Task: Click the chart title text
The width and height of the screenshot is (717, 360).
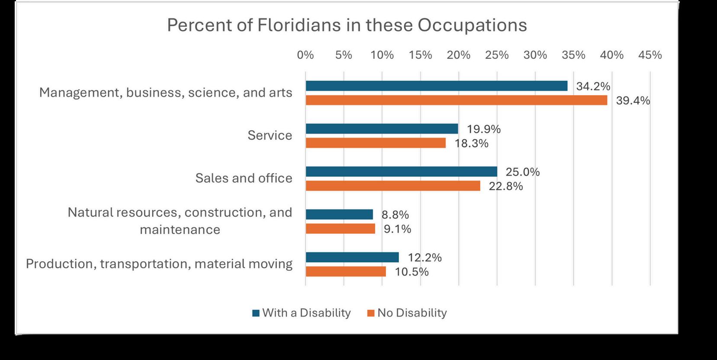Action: (x=347, y=25)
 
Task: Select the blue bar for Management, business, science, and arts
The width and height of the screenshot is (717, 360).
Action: (x=436, y=86)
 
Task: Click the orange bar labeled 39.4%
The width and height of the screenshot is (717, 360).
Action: (x=456, y=100)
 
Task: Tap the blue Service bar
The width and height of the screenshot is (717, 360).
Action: (x=382, y=129)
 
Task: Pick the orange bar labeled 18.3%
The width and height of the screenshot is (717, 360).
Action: (x=376, y=143)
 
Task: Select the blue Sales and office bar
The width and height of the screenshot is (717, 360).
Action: (x=401, y=172)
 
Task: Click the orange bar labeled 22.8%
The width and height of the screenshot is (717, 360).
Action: (x=393, y=186)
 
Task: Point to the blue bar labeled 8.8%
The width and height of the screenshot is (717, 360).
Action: (x=339, y=215)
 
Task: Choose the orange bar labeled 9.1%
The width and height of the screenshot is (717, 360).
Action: (x=340, y=228)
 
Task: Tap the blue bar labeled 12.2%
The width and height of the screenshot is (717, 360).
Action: (x=352, y=257)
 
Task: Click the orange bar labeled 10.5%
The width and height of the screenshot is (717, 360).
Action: (x=346, y=271)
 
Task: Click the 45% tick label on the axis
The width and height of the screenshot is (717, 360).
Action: (x=650, y=55)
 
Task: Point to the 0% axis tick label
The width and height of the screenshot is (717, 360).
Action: (x=305, y=55)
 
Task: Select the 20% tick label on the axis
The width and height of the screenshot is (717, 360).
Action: (x=458, y=55)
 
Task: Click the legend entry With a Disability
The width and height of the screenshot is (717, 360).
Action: (x=302, y=313)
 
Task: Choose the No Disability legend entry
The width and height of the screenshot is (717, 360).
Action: (x=407, y=313)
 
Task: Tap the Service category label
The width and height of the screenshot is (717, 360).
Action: (x=270, y=135)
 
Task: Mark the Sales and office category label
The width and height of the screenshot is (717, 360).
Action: (x=244, y=178)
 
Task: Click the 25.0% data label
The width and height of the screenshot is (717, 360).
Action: (x=523, y=172)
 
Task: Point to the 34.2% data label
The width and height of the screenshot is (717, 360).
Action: (x=593, y=86)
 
